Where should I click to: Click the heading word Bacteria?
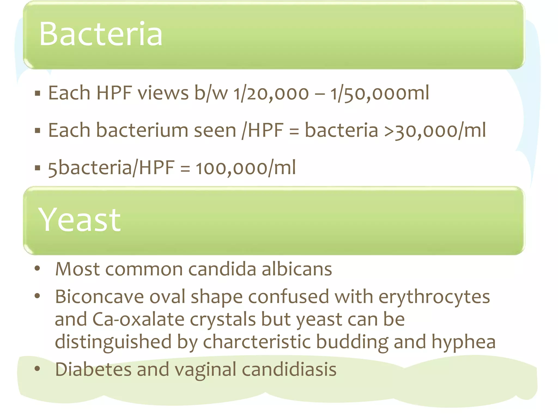point(101,34)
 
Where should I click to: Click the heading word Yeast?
point(80,220)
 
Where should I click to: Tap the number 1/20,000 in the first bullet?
point(271,93)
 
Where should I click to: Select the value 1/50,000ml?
point(380,93)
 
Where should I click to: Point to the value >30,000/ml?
point(435,130)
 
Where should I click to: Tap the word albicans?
point(297,269)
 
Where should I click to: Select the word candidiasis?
point(289,369)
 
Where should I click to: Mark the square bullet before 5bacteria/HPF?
point(38,168)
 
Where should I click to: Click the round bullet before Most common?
point(37,269)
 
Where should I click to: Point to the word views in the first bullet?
point(163,93)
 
